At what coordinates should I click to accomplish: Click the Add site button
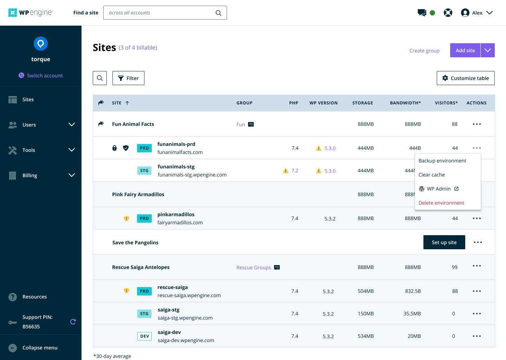point(465,50)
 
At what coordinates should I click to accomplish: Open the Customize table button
point(466,78)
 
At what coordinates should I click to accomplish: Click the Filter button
point(128,78)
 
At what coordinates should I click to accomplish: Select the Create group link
point(424,50)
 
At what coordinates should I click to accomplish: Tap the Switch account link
point(41,75)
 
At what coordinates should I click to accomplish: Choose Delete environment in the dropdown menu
point(441,203)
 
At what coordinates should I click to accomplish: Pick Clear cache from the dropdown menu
point(432,175)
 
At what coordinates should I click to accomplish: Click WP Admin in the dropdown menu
point(439,189)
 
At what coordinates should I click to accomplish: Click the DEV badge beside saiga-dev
point(144,336)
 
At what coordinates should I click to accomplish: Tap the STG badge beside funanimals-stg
point(144,171)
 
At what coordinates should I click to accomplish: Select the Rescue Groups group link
point(253,267)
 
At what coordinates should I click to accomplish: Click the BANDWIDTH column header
point(405,103)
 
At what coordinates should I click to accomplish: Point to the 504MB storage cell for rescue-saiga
point(365,291)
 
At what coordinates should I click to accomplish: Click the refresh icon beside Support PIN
point(73,322)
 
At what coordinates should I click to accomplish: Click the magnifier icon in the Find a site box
point(219,13)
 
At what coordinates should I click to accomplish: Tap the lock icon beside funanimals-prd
point(115,148)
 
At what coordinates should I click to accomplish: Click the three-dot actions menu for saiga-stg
point(476,314)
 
